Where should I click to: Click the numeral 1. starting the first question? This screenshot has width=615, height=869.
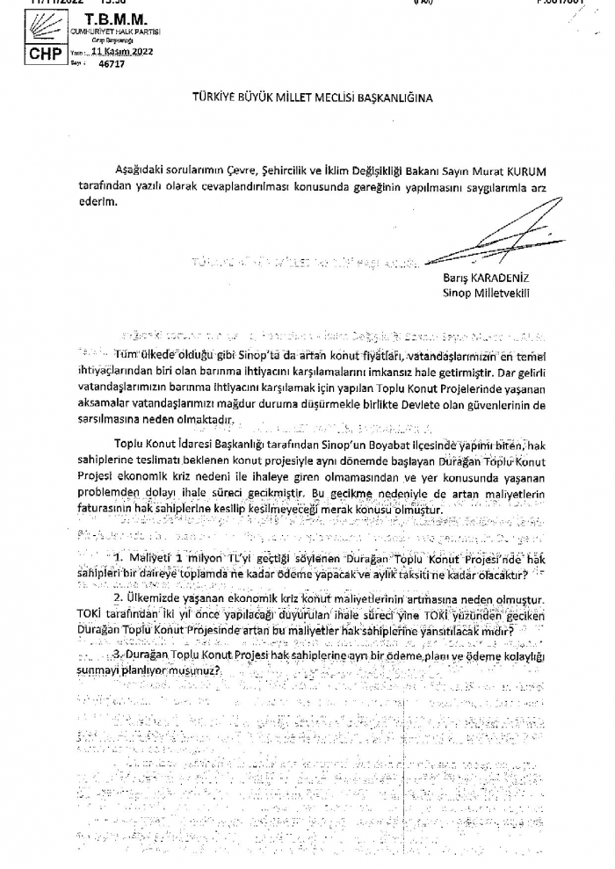118,558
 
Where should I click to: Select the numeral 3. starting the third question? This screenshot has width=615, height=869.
118,655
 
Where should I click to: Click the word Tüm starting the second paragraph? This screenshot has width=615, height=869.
126,353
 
